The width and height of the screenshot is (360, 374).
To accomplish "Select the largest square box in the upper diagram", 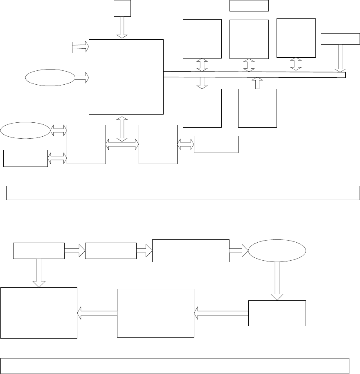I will (x=126, y=77).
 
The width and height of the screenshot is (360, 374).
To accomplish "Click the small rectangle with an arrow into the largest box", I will (x=56, y=47).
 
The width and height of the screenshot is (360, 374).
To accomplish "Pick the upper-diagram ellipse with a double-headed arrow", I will (x=25, y=131).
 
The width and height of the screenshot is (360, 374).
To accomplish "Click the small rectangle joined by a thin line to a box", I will (x=249, y=6).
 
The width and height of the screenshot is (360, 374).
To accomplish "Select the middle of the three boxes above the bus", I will (x=249, y=39).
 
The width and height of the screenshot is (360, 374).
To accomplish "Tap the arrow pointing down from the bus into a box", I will (x=202, y=82).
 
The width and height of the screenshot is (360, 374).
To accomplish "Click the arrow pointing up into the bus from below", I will (x=257, y=83).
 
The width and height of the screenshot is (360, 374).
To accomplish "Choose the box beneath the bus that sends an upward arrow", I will (x=257, y=108).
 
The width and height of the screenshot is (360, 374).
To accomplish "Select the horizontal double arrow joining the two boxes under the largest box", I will (x=122, y=144).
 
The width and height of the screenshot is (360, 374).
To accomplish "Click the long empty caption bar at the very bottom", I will (x=175, y=365).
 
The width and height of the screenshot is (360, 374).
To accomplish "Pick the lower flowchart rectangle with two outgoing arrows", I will (x=39, y=251).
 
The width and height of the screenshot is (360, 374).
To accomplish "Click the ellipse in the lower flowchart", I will (x=277, y=251).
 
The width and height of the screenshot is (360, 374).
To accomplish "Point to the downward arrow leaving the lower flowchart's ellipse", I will (x=277, y=281).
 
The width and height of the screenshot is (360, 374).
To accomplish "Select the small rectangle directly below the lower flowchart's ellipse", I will (x=277, y=313).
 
